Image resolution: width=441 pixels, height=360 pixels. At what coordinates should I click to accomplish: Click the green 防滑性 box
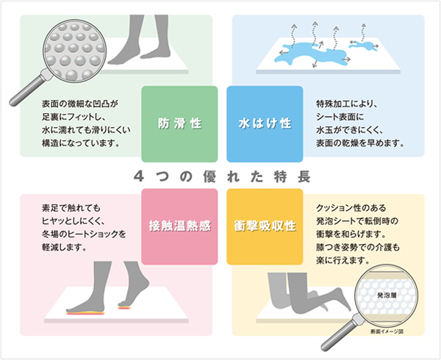click(179, 124)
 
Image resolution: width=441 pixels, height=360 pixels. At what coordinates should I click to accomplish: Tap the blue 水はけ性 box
click(265, 124)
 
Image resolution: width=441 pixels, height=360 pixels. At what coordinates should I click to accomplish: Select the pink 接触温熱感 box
click(179, 226)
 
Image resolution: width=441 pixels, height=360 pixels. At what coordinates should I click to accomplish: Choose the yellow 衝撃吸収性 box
click(265, 226)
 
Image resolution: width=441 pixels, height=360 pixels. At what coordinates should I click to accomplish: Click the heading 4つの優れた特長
click(222, 176)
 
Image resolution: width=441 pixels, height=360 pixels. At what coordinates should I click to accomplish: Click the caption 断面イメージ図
click(387, 331)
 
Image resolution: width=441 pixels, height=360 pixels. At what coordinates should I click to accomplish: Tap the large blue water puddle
click(311, 54)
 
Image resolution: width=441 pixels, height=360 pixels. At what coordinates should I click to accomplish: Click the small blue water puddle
click(361, 45)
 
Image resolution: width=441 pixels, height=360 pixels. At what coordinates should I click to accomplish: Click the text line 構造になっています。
click(81, 143)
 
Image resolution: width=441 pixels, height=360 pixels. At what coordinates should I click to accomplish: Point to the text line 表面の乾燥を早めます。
click(360, 143)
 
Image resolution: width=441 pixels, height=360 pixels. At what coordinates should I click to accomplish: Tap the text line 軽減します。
click(64, 248)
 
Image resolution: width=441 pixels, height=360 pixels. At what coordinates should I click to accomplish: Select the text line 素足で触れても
click(71, 208)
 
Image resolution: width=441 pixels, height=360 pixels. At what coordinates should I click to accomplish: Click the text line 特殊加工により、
click(346, 104)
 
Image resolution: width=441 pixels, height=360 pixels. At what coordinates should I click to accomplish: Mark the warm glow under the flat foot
click(85, 312)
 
